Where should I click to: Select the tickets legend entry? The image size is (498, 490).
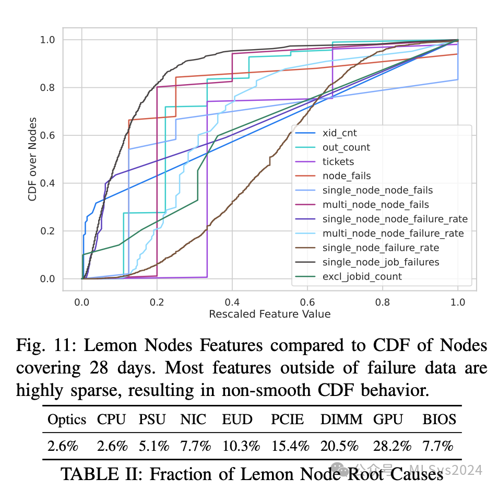coord(338,162)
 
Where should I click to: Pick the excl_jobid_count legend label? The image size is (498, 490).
coord(362,276)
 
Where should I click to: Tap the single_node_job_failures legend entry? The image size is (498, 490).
coord(381,262)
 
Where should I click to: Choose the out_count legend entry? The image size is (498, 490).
coord(346,148)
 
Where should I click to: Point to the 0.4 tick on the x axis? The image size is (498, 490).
coord(232,302)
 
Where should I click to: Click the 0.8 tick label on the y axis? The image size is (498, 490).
coord(48,88)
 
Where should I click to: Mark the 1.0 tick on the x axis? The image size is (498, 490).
coord(458,302)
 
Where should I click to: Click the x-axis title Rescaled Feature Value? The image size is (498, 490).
coord(269,314)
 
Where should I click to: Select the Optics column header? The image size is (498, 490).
coord(67,419)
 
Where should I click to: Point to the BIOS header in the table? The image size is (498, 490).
coord(440,419)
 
